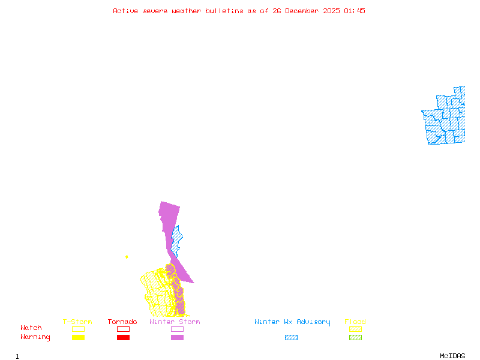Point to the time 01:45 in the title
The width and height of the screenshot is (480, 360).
(355, 11)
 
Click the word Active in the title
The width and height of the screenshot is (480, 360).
(125, 11)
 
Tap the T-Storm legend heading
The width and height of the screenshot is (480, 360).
(77, 322)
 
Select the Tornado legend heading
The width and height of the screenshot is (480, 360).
(122, 322)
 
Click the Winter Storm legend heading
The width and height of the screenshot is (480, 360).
(175, 322)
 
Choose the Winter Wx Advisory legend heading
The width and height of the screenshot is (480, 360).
(292, 322)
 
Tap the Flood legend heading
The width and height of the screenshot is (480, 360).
(355, 322)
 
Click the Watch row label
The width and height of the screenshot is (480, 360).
(31, 328)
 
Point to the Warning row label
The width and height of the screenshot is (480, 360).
(35, 337)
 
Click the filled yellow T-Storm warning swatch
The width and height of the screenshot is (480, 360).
(78, 338)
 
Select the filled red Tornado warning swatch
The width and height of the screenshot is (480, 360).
(123, 338)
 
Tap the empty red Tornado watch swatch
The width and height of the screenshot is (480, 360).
(123, 329)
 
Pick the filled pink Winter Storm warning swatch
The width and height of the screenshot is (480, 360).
(177, 338)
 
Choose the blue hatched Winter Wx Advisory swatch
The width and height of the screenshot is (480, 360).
(291, 338)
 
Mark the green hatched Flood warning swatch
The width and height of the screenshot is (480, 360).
(355, 338)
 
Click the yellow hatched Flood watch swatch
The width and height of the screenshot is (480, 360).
(355, 329)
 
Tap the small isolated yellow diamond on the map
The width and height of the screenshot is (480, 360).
(127, 257)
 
